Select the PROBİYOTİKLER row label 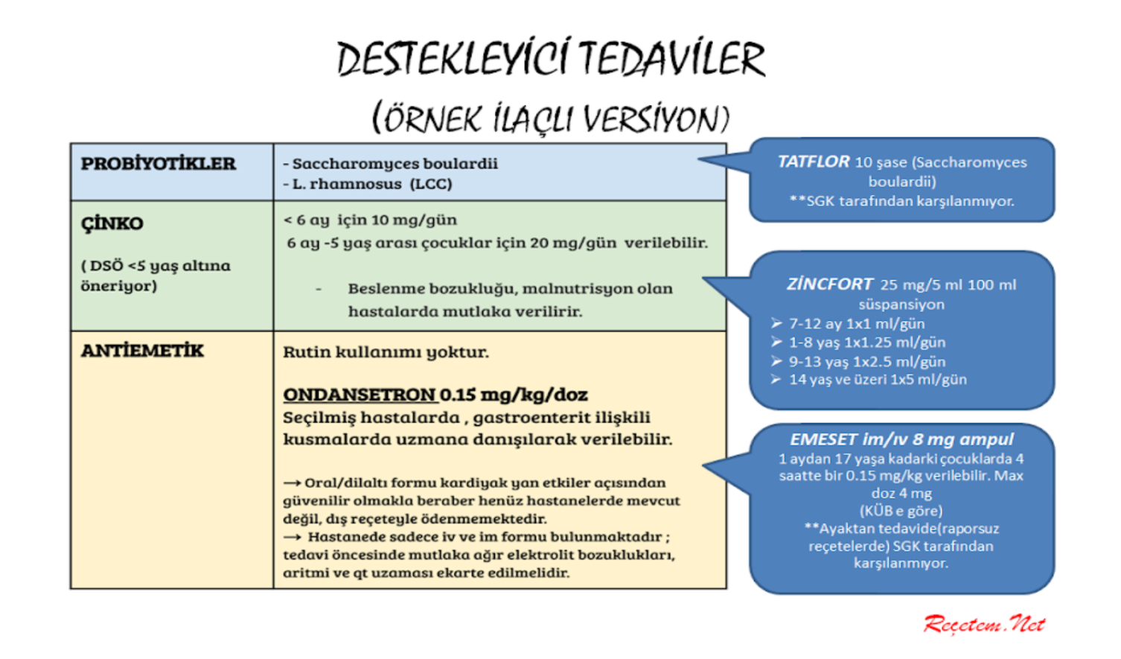click(158, 164)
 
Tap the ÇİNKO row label click(112, 223)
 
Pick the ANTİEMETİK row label click(142, 351)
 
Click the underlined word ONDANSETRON click(359, 395)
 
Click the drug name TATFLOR click(813, 162)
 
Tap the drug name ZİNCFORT click(829, 284)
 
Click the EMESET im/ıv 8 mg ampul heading click(901, 439)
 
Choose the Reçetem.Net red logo click(984, 624)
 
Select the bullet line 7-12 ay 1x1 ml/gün click(856, 324)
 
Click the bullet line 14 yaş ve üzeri click(877, 380)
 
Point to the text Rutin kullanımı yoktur click(386, 352)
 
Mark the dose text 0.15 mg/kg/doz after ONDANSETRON click(514, 395)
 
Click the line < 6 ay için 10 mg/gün click(371, 220)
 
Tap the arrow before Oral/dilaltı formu click(292, 483)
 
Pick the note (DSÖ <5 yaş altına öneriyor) click(156, 276)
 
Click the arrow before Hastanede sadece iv click(292, 537)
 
